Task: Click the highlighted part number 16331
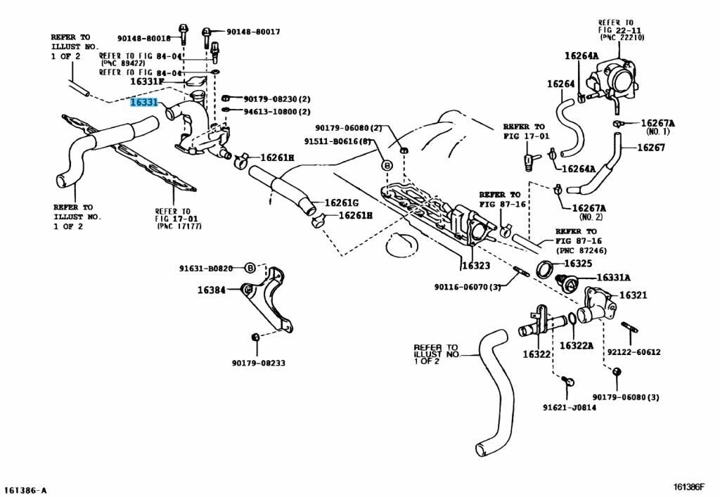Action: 143,103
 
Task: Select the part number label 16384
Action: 211,290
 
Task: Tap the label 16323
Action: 476,266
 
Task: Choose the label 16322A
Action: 577,345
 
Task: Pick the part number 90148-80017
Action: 253,32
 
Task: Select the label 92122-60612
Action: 634,351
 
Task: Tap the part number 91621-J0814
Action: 569,407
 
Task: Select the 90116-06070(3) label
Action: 466,287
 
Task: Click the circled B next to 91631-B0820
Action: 250,268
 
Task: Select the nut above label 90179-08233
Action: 256,337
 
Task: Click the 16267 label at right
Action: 651,148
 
